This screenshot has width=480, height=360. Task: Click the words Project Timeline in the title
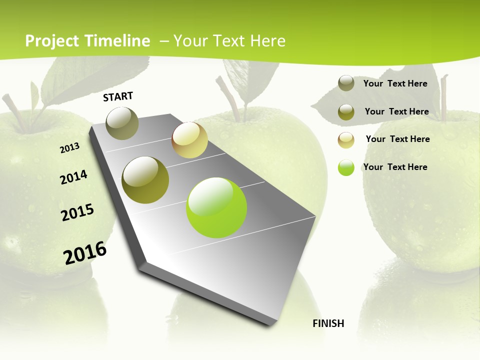click(87, 41)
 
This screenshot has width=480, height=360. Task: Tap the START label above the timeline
click(118, 96)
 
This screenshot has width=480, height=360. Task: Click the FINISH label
click(328, 323)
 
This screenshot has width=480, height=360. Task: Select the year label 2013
click(69, 148)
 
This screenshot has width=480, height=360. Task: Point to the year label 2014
click(73, 177)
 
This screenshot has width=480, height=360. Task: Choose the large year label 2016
click(85, 253)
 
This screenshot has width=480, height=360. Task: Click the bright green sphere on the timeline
click(216, 207)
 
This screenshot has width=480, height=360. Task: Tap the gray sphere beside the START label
click(122, 123)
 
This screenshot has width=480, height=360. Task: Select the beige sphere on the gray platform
click(189, 140)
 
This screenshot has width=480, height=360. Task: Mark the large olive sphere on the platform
click(145, 180)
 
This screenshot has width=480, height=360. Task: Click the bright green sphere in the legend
click(346, 167)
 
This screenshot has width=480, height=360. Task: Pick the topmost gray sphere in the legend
click(346, 83)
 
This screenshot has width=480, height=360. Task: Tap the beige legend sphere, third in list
click(346, 140)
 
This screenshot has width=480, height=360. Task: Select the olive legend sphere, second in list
click(346, 112)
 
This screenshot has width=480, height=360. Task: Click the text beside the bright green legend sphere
click(395, 167)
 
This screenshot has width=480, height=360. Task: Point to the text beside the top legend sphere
click(395, 83)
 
